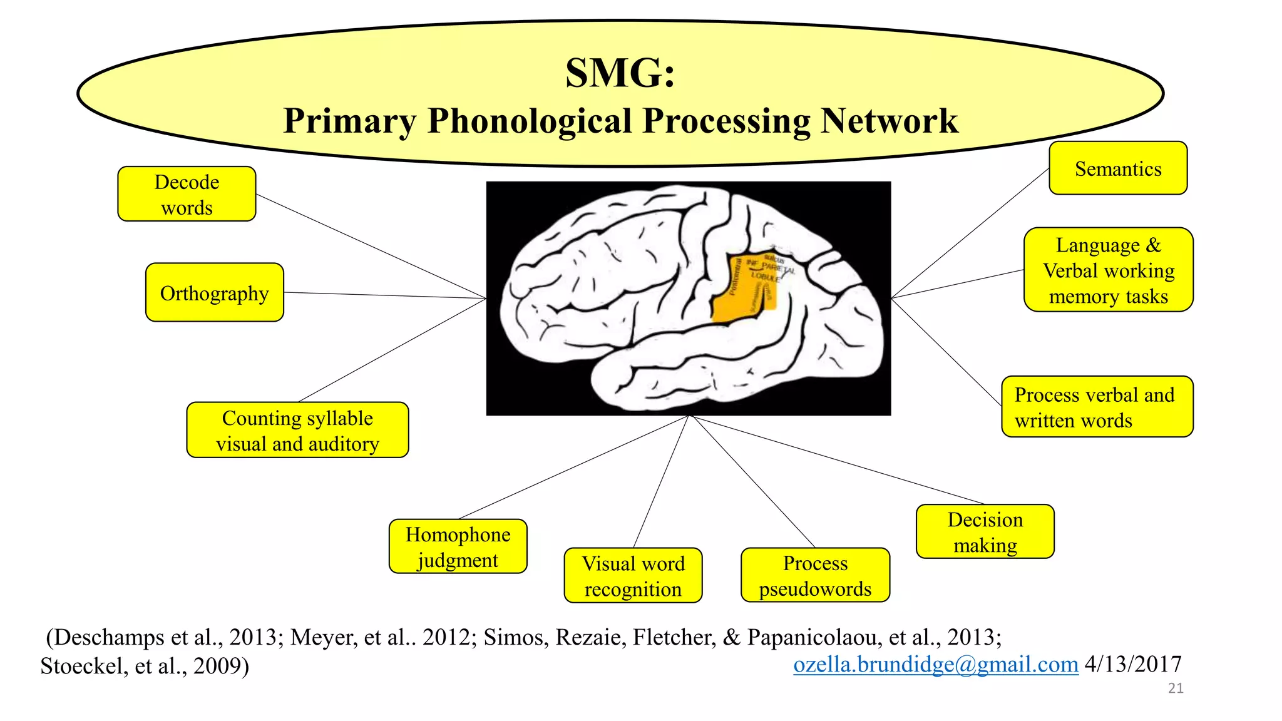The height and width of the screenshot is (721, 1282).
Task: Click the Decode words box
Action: pyautogui.click(x=187, y=194)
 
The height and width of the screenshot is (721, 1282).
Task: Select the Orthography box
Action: pyautogui.click(x=214, y=293)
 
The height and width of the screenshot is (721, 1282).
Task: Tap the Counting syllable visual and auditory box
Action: pyautogui.click(x=297, y=431)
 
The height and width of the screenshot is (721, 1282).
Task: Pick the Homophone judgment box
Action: pyautogui.click(x=458, y=546)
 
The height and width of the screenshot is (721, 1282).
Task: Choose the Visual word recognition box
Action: pyautogui.click(x=633, y=576)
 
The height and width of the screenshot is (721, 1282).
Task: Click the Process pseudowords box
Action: pyautogui.click(x=815, y=576)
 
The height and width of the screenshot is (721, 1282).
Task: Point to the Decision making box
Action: pyautogui.click(x=985, y=532)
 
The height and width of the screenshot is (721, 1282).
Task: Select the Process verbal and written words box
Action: pyautogui.click(x=1097, y=407)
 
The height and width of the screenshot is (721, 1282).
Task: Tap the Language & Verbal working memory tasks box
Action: pyautogui.click(x=1108, y=270)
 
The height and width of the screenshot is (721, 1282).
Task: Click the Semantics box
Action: pyautogui.click(x=1118, y=169)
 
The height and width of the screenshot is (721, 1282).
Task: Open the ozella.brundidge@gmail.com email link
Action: pyautogui.click(x=935, y=664)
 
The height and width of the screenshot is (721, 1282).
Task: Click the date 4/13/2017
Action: pyautogui.click(x=1133, y=664)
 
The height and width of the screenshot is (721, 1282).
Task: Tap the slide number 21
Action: pyautogui.click(x=1176, y=688)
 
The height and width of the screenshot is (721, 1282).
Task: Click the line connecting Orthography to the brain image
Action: pyautogui.click(x=385, y=295)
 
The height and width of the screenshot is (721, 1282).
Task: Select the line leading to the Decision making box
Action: pyautogui.click(x=839, y=460)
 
